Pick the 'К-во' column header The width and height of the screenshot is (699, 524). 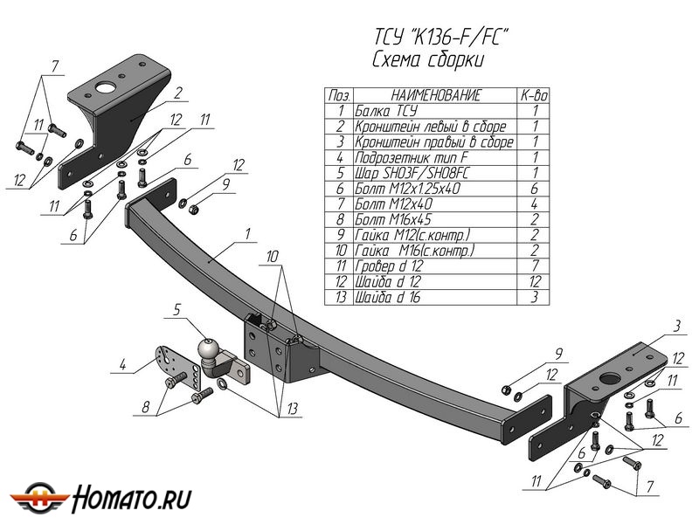tap(534, 95)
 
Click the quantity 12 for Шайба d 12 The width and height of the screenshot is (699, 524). tap(534, 282)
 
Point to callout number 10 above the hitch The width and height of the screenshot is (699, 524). tap(272, 256)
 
